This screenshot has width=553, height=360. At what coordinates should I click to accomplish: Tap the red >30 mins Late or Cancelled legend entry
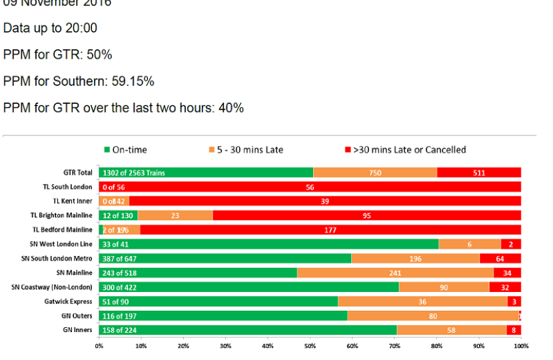click(x=404, y=150)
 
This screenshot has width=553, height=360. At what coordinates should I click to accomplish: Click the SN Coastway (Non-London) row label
click(x=52, y=287)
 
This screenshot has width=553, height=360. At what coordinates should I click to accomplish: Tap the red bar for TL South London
click(x=310, y=187)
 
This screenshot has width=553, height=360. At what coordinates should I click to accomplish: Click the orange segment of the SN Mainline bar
click(x=395, y=273)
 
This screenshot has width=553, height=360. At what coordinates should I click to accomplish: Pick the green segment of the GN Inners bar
click(x=247, y=330)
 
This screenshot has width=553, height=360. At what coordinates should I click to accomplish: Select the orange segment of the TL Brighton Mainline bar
click(x=175, y=215)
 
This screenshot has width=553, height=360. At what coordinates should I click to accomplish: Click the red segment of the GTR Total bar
click(x=479, y=173)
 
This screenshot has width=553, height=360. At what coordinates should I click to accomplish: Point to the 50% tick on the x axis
click(x=310, y=345)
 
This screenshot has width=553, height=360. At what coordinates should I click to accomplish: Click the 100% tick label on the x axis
click(x=521, y=345)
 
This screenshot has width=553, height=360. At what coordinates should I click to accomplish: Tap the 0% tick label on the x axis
click(x=99, y=345)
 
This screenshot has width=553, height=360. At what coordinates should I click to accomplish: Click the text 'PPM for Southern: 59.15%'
click(x=79, y=81)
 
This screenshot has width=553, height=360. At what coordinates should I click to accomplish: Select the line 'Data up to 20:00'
click(x=50, y=28)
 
